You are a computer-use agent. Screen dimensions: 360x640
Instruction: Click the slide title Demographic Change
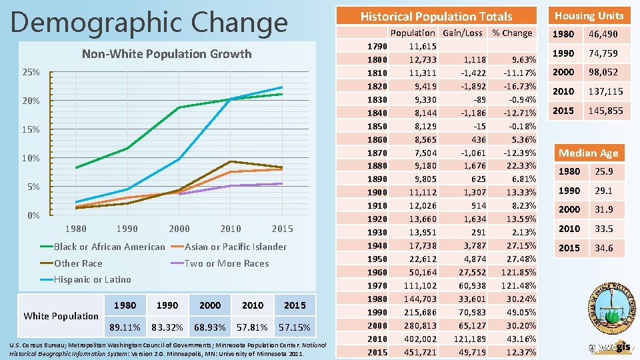click(x=149, y=21)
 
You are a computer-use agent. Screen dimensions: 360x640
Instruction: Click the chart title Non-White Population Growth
click(x=166, y=54)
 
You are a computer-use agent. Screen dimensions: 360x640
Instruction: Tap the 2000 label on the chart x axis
click(x=179, y=229)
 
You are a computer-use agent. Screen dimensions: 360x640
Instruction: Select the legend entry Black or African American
click(x=109, y=247)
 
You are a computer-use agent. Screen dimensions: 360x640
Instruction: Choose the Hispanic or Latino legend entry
click(x=92, y=279)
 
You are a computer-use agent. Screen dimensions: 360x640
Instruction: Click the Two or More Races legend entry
click(x=226, y=263)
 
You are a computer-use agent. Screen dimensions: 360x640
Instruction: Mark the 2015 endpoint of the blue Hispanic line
click(x=282, y=87)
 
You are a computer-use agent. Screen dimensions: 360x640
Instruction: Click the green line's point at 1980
click(x=76, y=167)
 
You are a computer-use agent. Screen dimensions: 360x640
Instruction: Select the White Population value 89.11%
click(x=125, y=328)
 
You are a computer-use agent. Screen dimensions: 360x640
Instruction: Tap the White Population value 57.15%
click(x=294, y=328)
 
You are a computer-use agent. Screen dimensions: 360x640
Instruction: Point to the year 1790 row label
click(x=377, y=46)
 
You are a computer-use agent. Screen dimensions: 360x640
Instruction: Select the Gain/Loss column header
click(x=462, y=33)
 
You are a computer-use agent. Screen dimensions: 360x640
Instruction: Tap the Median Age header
click(x=588, y=153)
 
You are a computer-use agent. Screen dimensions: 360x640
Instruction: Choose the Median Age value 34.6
click(x=604, y=248)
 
